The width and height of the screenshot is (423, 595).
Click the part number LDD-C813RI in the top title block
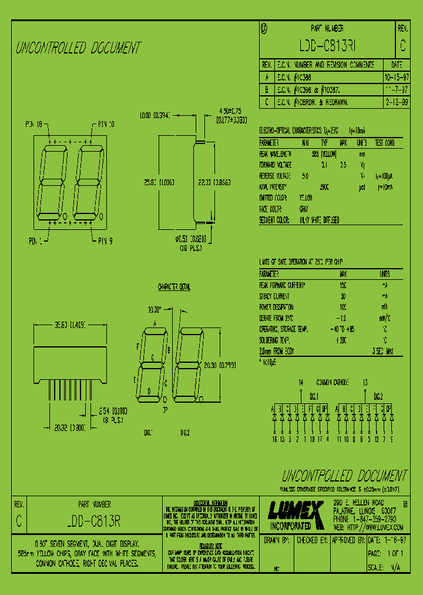(327, 46)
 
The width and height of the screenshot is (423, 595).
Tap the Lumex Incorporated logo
(296, 514)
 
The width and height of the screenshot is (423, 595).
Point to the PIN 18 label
(33, 124)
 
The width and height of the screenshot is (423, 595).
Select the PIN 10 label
(103, 124)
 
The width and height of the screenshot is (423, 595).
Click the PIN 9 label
(103, 240)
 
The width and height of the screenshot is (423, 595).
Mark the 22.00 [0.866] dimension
(214, 182)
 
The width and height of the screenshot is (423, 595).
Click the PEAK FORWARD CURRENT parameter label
(283, 285)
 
